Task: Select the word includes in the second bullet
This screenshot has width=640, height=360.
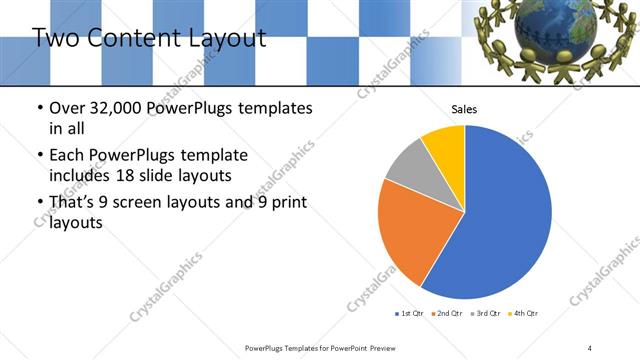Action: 80,177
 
